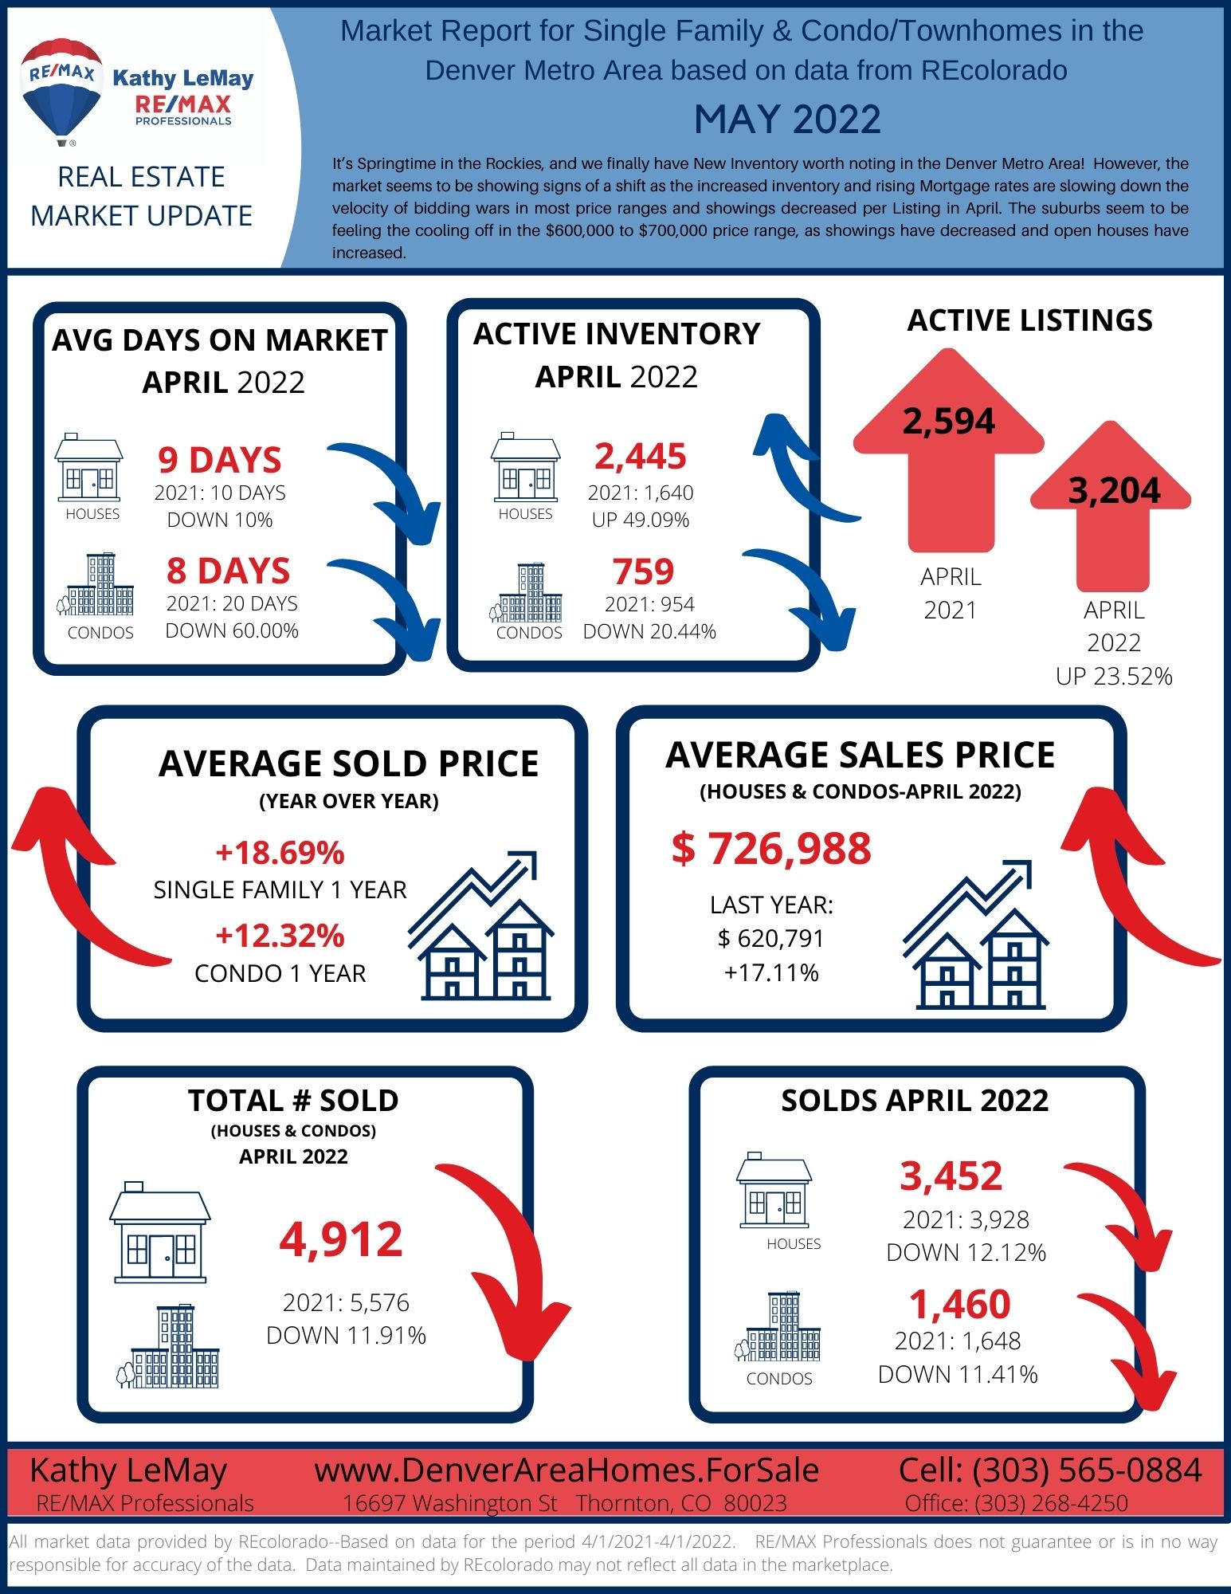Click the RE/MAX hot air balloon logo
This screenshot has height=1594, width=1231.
[x=61, y=91]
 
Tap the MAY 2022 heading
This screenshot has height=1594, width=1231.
[x=787, y=120]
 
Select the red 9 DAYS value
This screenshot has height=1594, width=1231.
[x=220, y=460]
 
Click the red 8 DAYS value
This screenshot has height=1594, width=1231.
[x=229, y=571]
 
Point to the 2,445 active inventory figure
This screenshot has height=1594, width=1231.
[x=641, y=457]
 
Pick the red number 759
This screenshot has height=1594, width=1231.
[x=644, y=571]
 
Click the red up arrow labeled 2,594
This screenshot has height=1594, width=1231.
[x=949, y=450]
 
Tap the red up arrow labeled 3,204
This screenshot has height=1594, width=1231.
[x=1111, y=505]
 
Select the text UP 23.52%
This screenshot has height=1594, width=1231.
[x=1114, y=676]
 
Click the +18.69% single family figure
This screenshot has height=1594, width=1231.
[x=280, y=853]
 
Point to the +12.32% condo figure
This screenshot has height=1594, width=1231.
[x=280, y=936]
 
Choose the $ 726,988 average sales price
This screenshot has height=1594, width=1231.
[x=771, y=848]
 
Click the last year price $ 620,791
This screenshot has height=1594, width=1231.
[x=770, y=939]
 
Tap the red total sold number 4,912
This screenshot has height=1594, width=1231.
[x=341, y=1239]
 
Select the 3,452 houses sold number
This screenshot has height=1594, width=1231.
[x=951, y=1176]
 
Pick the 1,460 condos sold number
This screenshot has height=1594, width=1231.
[x=960, y=1305]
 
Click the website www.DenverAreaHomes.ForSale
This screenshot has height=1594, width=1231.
[x=566, y=1470]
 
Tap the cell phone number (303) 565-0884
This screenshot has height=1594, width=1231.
[x=1087, y=1470]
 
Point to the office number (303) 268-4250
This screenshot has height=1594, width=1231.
[x=1052, y=1503]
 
